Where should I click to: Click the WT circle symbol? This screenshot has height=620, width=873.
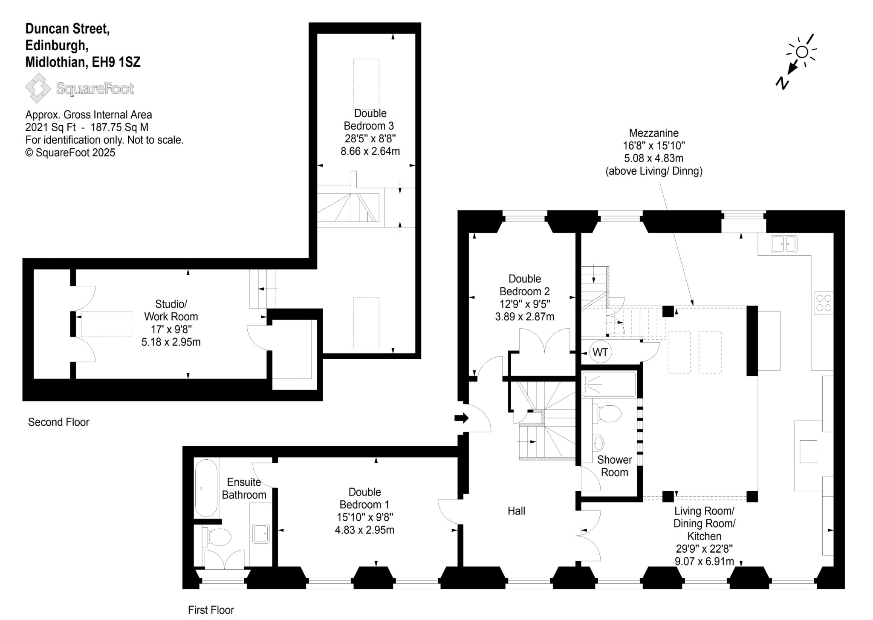coord(600,352)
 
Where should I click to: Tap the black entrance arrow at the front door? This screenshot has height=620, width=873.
coord(461,418)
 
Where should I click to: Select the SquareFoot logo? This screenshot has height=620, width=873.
coord(80,88)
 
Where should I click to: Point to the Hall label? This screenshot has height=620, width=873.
coord(516,511)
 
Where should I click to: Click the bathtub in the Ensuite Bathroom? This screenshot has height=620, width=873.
coord(206,488)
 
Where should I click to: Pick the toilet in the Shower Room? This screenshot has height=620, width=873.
coord(607,413)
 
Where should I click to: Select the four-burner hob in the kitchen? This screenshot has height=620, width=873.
coord(823,303)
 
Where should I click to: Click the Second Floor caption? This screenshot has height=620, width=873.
coord(58,422)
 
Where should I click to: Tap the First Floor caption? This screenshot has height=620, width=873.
coord(211,610)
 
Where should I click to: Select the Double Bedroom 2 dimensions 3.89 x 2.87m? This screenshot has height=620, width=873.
coord(525,317)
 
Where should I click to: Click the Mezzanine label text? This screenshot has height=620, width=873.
coord(654,133)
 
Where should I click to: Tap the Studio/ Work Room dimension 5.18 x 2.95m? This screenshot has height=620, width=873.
coord(171,342)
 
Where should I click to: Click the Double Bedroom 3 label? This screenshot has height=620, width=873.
coord(370,120)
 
